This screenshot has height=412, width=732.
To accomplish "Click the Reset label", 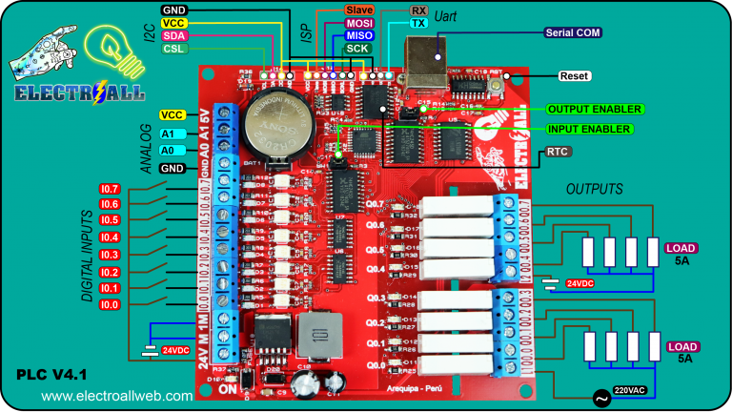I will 574,76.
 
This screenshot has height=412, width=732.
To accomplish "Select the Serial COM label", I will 572,32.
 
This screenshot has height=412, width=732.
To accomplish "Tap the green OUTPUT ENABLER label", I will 594,109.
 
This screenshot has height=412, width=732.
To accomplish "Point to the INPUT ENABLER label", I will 588,129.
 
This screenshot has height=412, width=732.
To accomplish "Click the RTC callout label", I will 559,152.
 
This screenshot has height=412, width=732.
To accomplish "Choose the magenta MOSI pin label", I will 359,22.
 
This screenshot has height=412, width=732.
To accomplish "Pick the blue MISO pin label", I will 359,35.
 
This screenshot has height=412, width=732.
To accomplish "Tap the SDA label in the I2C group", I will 173,35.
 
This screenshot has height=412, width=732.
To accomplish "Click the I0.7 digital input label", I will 110,189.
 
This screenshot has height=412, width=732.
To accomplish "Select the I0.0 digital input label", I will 110,304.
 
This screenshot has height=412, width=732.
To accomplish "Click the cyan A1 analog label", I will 168,134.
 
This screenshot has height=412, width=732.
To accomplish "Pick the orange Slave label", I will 359,9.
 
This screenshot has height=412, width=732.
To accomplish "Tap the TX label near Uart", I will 417,22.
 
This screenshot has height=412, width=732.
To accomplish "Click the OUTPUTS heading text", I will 593,189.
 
